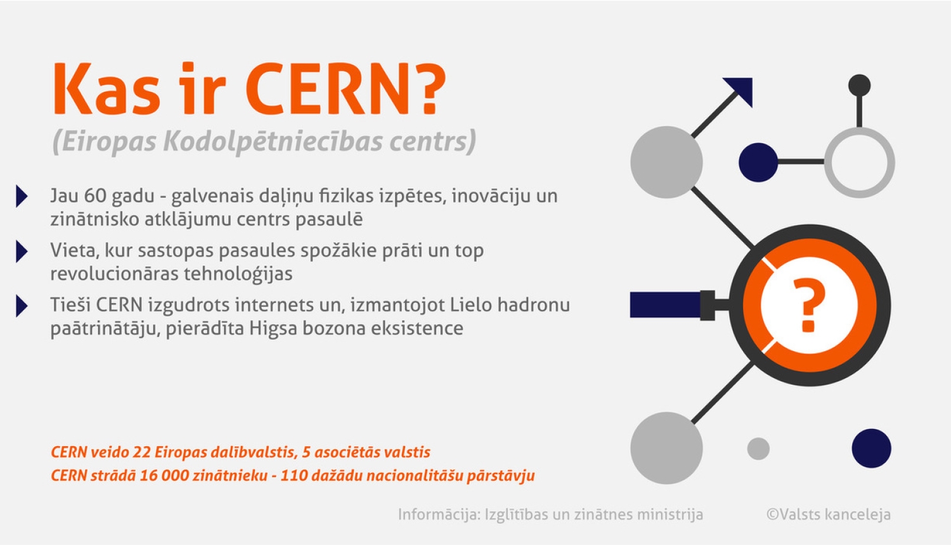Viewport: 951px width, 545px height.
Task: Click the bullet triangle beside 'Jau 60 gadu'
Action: [x=22, y=196]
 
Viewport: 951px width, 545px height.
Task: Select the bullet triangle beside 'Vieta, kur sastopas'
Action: [x=22, y=252]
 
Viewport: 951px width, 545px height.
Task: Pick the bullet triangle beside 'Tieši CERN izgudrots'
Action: [x=22, y=306]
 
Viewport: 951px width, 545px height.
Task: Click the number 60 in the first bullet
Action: [x=95, y=196]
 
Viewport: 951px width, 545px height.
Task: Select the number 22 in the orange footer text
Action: [x=141, y=452]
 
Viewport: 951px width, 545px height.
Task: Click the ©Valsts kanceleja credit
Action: [x=828, y=515]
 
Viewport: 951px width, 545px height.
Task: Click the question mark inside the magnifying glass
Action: [x=809, y=305]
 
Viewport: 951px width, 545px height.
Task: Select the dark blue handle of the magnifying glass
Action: [x=666, y=305]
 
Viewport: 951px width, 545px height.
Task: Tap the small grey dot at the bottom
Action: [x=758, y=449]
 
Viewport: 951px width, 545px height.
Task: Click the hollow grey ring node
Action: [x=859, y=162]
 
